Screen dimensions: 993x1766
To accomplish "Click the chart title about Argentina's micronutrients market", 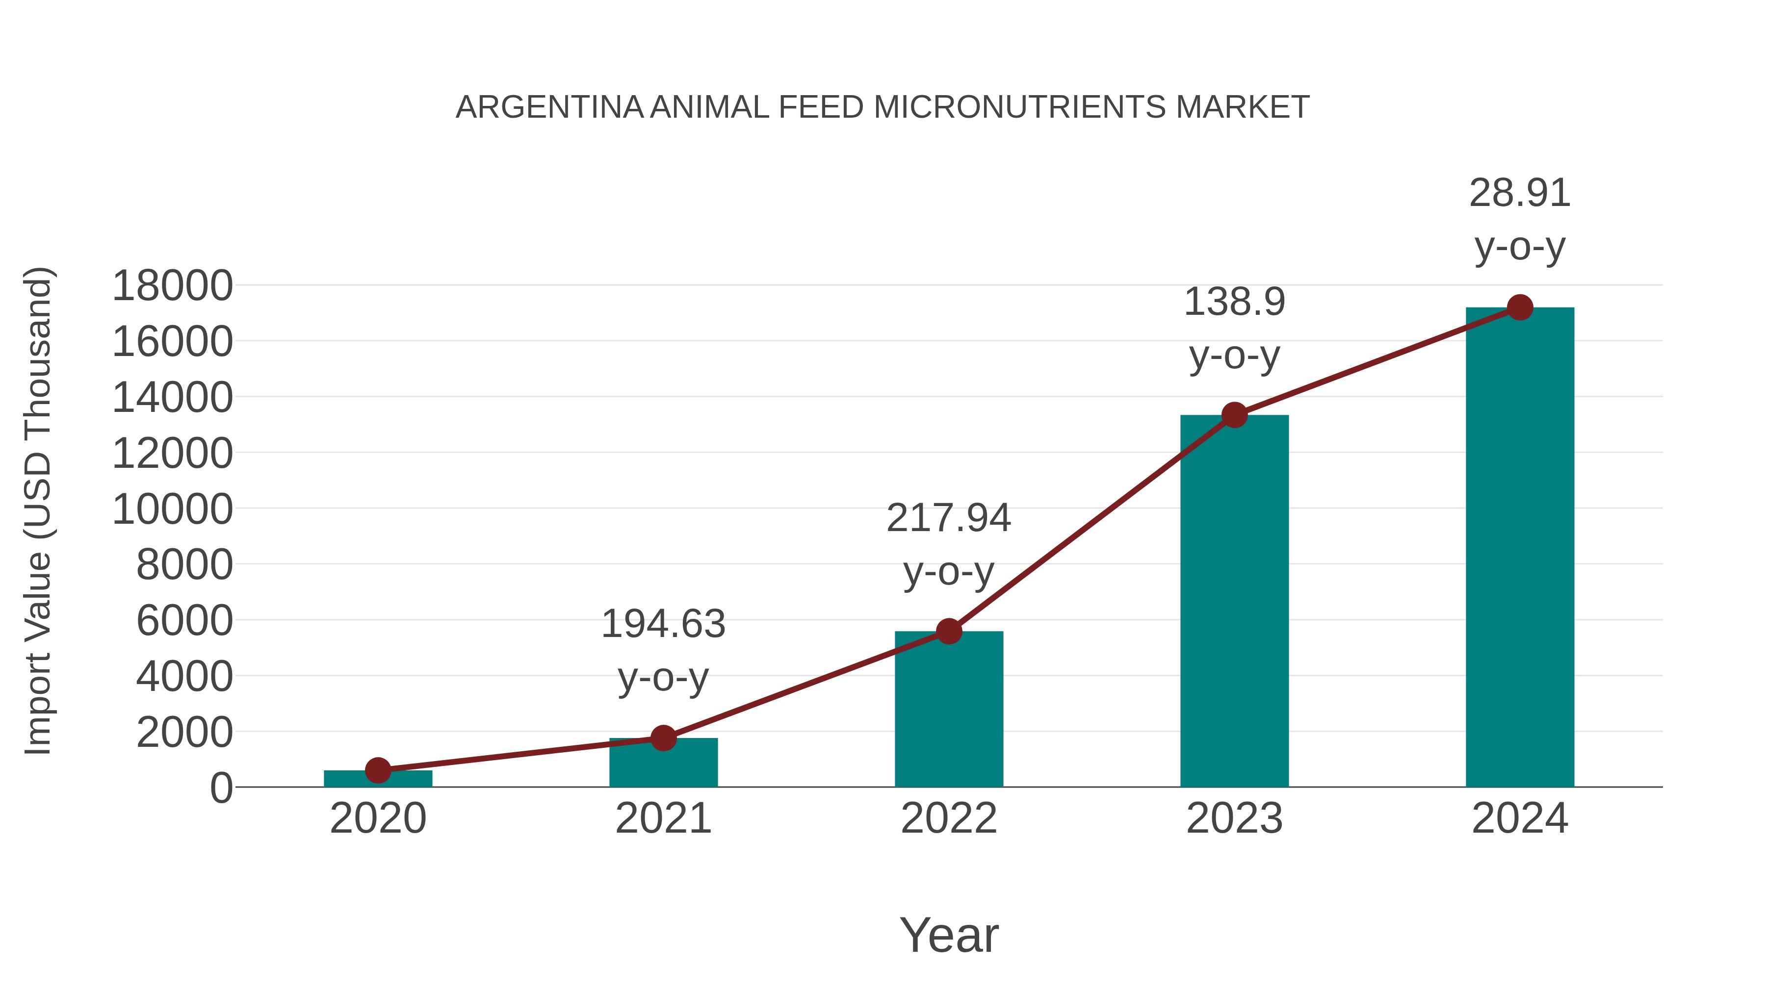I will click(883, 107).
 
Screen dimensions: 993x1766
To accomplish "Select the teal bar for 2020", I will click(378, 780).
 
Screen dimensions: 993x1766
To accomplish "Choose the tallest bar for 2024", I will click(1520, 548).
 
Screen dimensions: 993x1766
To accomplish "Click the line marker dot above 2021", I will click(663, 738).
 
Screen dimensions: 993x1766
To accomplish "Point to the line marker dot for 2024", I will click(1520, 307).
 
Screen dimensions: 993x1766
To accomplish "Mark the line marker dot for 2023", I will click(1234, 415).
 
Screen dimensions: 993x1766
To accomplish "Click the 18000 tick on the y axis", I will click(172, 286).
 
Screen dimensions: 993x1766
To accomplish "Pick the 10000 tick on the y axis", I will click(172, 510).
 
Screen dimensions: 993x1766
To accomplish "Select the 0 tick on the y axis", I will click(221, 788).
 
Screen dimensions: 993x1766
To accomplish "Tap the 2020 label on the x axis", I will click(378, 818).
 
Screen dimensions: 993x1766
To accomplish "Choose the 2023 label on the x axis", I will click(1234, 818).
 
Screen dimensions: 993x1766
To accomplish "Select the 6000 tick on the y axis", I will click(184, 622).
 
